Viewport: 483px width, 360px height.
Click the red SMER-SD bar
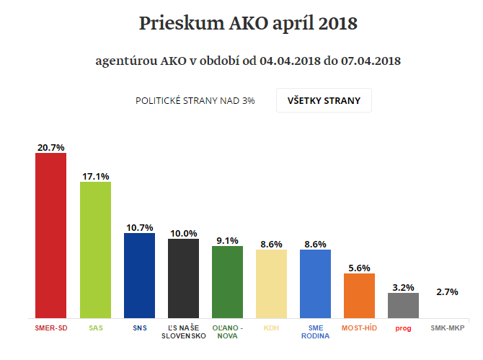click(50, 235)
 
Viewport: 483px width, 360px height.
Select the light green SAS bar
click(95, 250)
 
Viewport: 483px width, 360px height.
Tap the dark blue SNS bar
click(139, 275)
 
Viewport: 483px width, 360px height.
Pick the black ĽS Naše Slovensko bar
click(183, 278)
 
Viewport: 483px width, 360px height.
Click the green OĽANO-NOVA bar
click(227, 281)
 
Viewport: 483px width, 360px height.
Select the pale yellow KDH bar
click(271, 284)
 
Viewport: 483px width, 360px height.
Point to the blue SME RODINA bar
click(315, 284)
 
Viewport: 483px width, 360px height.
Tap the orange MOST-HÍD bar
click(359, 295)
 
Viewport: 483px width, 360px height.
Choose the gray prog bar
click(403, 304)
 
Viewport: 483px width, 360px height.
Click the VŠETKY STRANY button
click(324, 100)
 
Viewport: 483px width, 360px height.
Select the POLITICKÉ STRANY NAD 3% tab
click(195, 101)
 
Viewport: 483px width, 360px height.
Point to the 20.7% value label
click(51, 147)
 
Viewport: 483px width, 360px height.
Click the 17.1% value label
click(95, 176)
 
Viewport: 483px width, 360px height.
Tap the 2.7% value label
click(447, 292)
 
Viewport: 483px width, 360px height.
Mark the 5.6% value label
click(359, 268)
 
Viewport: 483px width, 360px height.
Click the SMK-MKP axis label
click(447, 328)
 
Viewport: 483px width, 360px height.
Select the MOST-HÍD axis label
click(359, 328)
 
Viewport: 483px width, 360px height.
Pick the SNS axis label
click(139, 328)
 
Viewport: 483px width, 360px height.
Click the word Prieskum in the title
click(177, 24)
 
